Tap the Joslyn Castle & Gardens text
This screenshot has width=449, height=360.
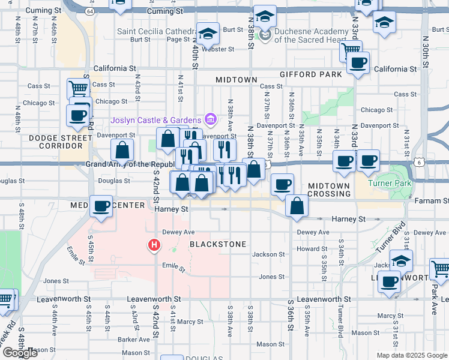coord(156,119)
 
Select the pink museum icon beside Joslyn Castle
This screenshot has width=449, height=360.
coord(210,119)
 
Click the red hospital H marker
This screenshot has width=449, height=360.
coord(154,245)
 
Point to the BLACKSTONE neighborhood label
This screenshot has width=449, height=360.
coord(218,245)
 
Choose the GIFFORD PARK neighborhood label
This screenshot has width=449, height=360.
coord(311,74)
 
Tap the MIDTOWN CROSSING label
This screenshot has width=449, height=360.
coord(329,190)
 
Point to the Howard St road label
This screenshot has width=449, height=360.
coord(312,248)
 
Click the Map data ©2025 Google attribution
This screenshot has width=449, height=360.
coord(411,355)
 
